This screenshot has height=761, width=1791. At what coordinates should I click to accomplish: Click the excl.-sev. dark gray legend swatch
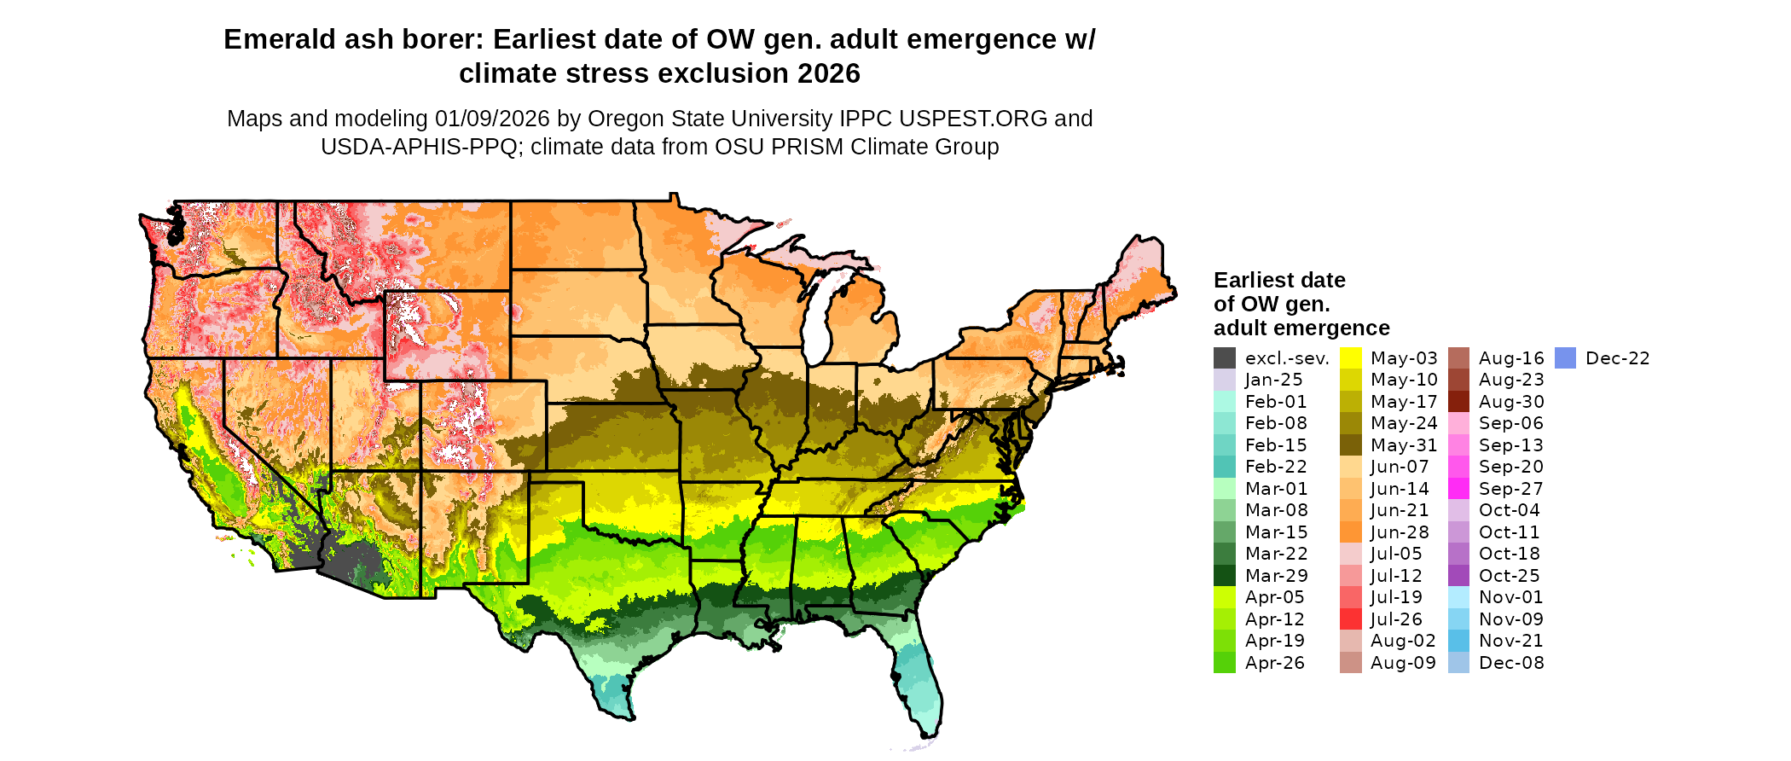click(1224, 358)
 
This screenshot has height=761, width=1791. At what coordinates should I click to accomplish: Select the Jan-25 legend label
click(1273, 380)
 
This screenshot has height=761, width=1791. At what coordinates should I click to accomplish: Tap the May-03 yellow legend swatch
click(1351, 358)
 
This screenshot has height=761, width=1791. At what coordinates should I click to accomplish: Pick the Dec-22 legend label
click(1617, 358)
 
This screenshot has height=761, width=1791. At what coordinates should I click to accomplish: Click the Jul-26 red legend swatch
click(1351, 619)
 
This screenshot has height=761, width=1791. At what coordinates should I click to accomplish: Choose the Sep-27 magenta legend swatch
click(1459, 489)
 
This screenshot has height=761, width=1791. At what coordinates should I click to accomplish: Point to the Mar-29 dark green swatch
click(1224, 576)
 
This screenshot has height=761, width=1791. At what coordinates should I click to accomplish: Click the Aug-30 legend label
click(1511, 402)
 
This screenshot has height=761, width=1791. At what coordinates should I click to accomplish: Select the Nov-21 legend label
click(1511, 641)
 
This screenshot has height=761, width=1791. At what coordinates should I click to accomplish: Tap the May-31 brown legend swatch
click(1351, 445)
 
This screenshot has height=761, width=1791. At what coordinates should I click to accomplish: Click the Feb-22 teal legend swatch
click(1224, 467)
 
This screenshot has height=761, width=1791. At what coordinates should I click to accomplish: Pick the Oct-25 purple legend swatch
click(1459, 576)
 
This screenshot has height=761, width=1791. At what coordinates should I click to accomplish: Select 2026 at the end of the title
click(829, 74)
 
